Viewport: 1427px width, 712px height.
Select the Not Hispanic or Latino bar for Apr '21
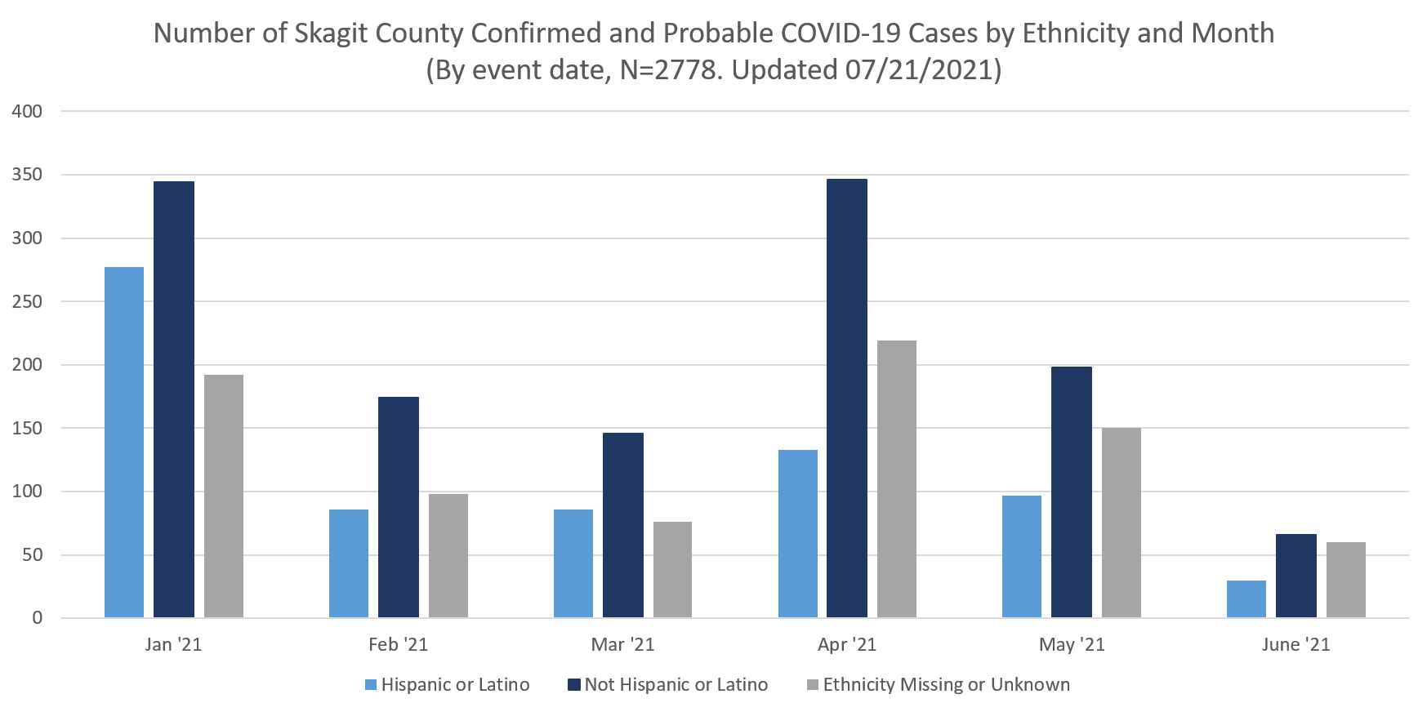click(x=847, y=398)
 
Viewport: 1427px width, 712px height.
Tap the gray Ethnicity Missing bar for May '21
click(x=1121, y=523)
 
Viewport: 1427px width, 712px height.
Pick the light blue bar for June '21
click(x=1246, y=599)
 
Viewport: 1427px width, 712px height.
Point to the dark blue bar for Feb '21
click(x=399, y=507)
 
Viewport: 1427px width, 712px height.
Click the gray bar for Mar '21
click(x=672, y=569)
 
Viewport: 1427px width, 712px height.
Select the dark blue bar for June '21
click(x=1296, y=576)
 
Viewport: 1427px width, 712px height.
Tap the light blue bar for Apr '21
click(x=798, y=533)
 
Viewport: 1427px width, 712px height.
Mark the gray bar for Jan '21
click(x=224, y=496)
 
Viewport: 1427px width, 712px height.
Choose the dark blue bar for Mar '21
click(x=623, y=525)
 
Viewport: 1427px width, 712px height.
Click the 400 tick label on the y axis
click(x=27, y=112)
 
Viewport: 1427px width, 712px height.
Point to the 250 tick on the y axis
click(x=27, y=302)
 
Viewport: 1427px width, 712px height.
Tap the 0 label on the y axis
click(x=38, y=618)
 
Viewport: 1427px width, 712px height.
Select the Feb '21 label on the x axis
click(x=399, y=645)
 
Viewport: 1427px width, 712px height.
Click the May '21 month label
click(x=1072, y=645)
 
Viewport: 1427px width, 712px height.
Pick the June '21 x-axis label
click(x=1295, y=645)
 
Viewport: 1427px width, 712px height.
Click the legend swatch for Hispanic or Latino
click(x=372, y=685)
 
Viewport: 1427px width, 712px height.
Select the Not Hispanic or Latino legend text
click(x=676, y=685)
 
